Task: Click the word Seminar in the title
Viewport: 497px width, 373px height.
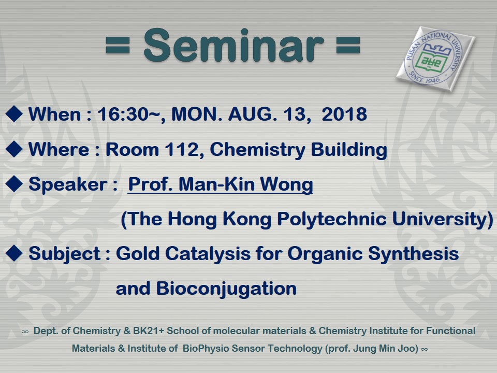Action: click(234, 45)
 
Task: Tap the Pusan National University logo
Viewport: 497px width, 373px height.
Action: click(435, 59)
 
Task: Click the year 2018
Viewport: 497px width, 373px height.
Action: click(344, 114)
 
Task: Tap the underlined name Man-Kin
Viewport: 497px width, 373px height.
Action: click(217, 184)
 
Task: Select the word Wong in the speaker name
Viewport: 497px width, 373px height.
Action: click(286, 184)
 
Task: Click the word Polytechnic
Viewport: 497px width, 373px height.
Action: click(332, 220)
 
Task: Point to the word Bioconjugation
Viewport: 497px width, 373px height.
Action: click(226, 289)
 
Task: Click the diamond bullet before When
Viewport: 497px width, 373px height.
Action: click(14, 114)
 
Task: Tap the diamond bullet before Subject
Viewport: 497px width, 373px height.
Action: click(14, 253)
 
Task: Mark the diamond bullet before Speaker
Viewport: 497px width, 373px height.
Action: click(14, 183)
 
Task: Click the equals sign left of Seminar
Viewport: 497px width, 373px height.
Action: click(118, 45)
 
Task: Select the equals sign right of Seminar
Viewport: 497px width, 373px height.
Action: click(348, 45)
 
